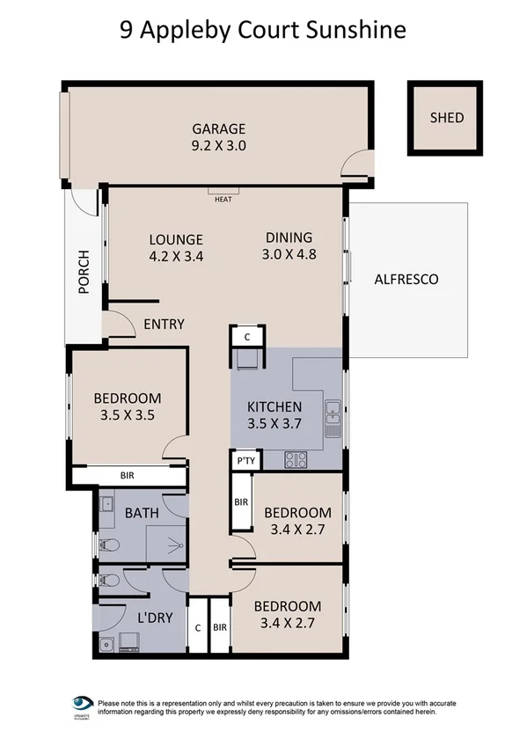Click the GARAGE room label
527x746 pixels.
point(220,128)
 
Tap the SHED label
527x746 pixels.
point(446,118)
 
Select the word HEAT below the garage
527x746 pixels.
point(223,199)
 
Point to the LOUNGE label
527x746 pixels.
point(176,239)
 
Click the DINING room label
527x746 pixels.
point(289,238)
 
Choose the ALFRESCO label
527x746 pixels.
point(406,280)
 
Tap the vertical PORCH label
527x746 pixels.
point(84,273)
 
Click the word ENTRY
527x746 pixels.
point(164,325)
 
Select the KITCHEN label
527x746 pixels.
point(274,406)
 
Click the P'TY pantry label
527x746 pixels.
point(244,461)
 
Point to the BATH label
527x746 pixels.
point(141,513)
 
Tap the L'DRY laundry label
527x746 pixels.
point(154,618)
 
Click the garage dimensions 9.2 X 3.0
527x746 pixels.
point(219,146)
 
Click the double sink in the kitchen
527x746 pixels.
point(333,419)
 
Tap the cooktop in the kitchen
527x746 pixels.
point(295,458)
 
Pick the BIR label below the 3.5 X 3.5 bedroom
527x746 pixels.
point(128,476)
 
